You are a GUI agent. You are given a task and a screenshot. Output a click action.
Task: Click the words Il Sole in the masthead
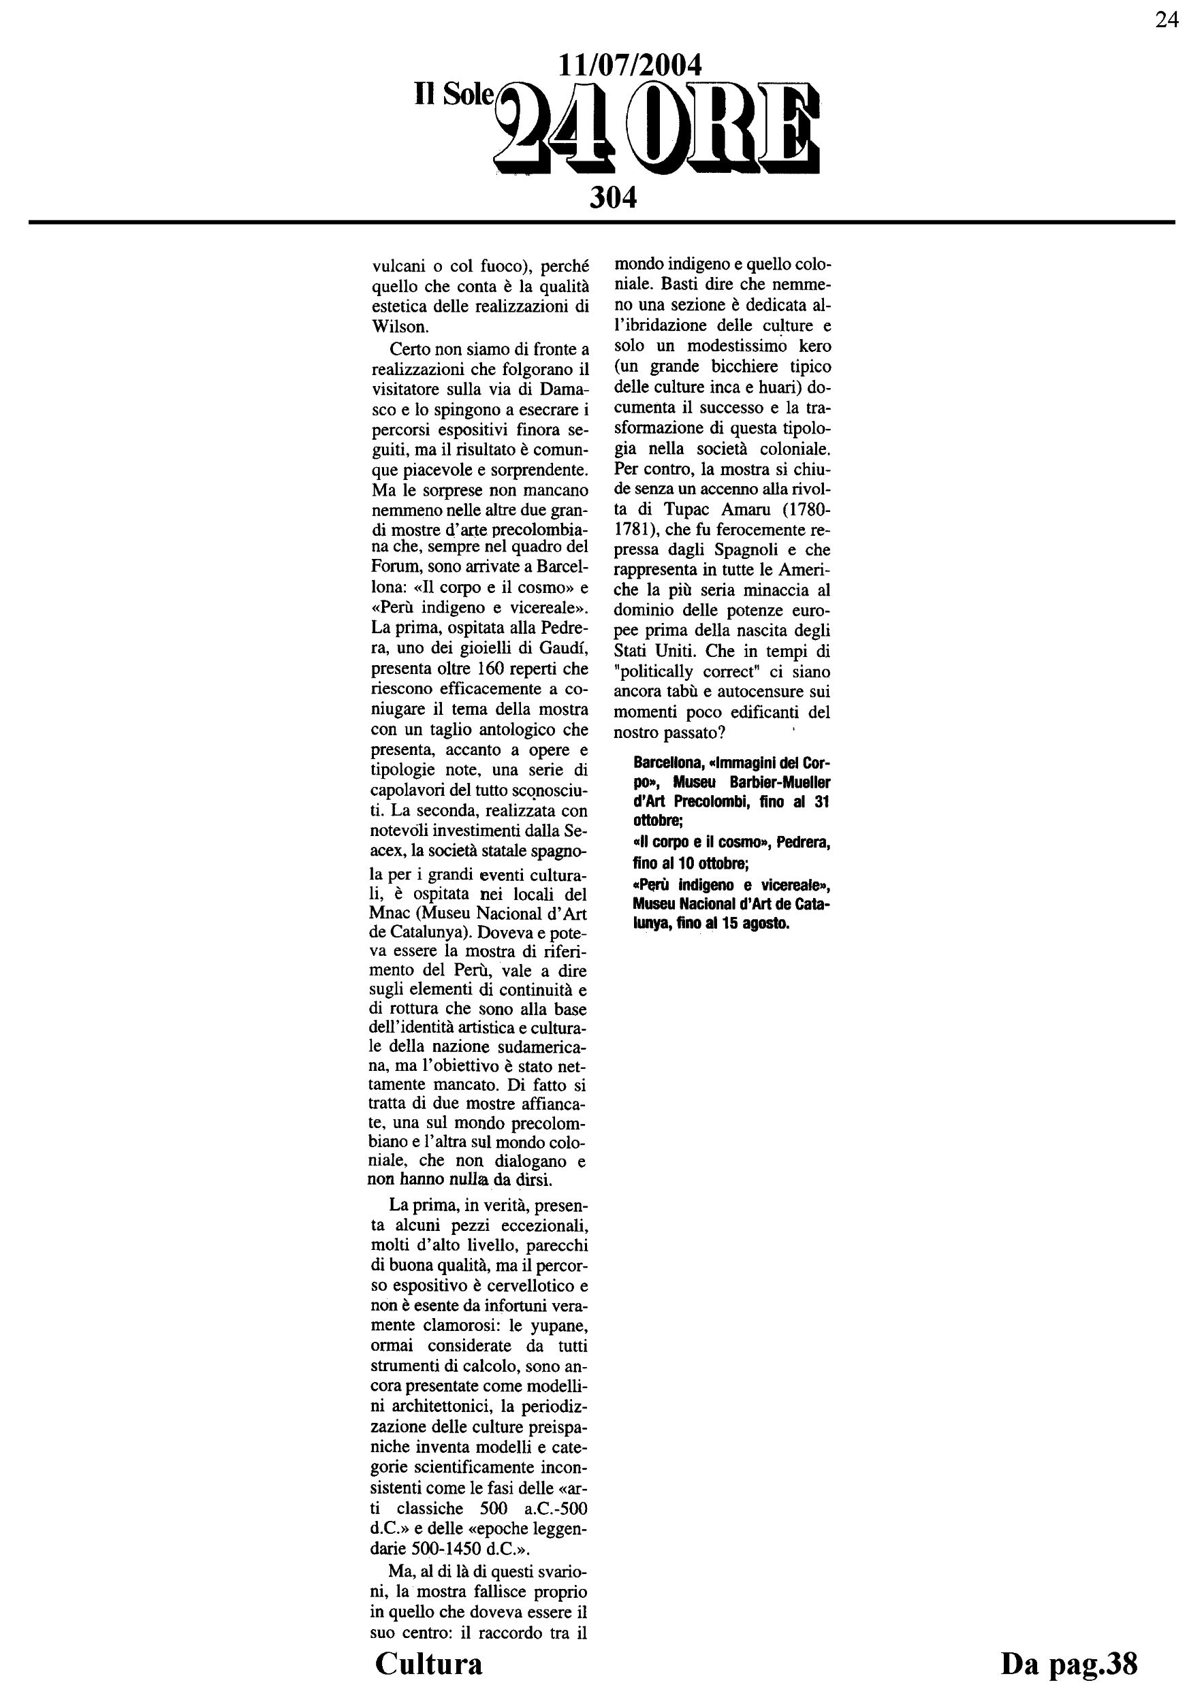click(x=454, y=93)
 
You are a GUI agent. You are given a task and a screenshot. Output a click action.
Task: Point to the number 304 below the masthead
click(x=613, y=198)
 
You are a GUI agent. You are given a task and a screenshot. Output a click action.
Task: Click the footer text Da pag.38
click(x=1068, y=1663)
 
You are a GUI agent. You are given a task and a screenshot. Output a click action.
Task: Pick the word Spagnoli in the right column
click(x=745, y=550)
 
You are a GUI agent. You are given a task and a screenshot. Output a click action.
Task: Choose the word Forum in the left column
click(x=394, y=567)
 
